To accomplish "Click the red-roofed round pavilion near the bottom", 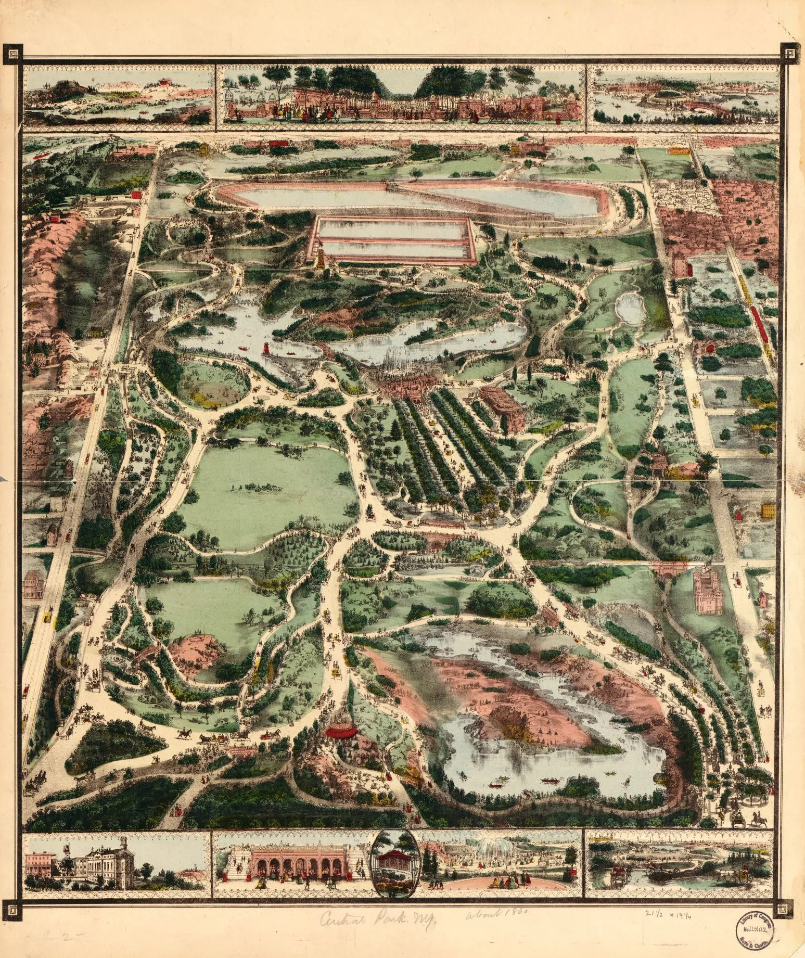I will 341,731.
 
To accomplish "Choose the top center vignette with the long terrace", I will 401,95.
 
